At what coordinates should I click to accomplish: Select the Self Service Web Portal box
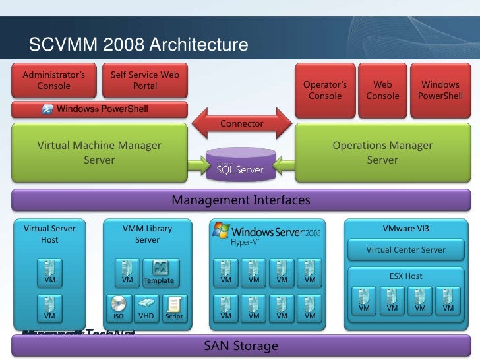(x=145, y=80)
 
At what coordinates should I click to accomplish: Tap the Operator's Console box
(x=324, y=90)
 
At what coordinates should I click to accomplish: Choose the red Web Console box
(x=382, y=90)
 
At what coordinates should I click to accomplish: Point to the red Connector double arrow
(x=241, y=123)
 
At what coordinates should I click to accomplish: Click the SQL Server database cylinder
(x=241, y=165)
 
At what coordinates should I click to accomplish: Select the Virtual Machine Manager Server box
(x=99, y=153)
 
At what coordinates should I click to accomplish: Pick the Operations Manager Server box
(x=382, y=153)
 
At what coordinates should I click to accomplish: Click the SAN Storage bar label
(x=241, y=345)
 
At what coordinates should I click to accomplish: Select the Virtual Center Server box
(x=405, y=249)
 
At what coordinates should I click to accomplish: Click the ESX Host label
(x=405, y=276)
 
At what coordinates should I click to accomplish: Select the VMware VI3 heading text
(x=405, y=229)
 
